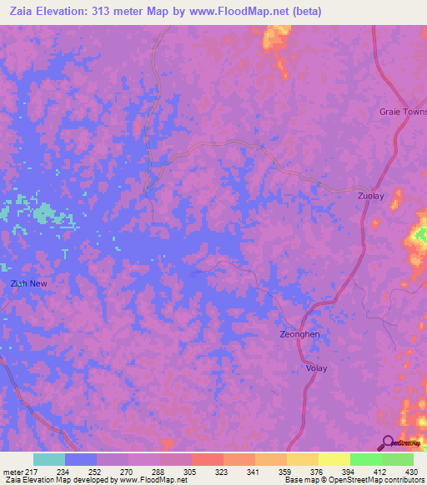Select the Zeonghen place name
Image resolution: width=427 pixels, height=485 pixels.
[x=299, y=334]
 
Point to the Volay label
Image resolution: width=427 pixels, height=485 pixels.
[x=316, y=368]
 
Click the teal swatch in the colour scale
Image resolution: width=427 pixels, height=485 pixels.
[x=49, y=459]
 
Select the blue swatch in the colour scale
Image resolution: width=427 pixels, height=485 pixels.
[x=81, y=459]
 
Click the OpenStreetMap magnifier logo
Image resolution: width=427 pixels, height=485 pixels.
[x=388, y=442]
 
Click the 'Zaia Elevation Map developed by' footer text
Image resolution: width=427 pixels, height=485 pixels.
[x=57, y=480]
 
